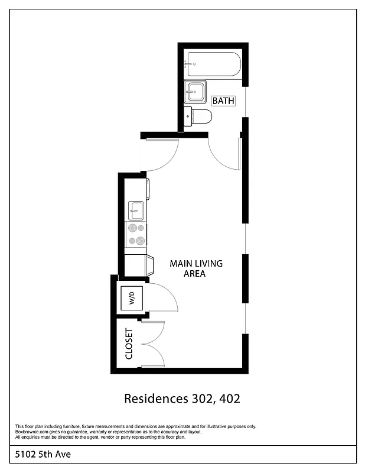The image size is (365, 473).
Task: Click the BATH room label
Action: click(223, 101)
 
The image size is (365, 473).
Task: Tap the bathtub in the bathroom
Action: click(213, 64)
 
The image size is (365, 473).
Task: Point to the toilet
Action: click(198, 116)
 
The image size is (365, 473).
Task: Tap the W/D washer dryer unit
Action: click(132, 296)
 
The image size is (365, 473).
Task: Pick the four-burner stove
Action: click(136, 234)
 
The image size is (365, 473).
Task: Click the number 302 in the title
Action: click(197, 399)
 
